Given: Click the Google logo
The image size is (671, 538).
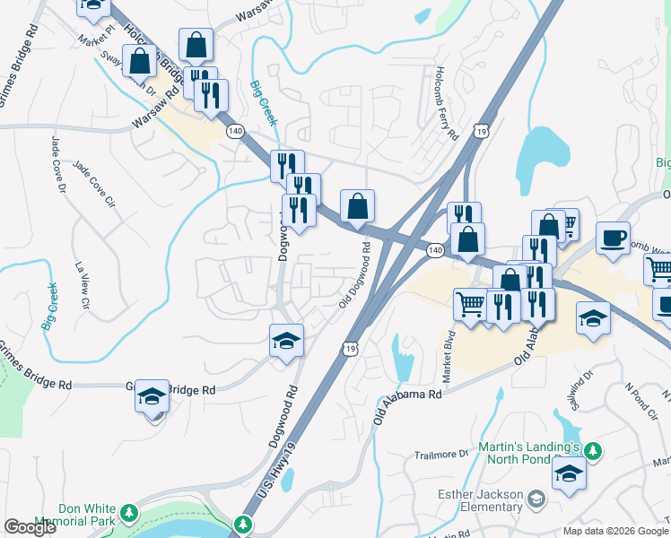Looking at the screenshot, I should (30, 527).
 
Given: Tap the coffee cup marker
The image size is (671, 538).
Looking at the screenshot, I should (613, 239).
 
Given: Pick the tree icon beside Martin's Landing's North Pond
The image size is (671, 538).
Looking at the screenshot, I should (592, 448).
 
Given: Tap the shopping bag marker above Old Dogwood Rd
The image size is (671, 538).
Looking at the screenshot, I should (357, 206).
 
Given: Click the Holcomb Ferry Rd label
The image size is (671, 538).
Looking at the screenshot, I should (446, 103).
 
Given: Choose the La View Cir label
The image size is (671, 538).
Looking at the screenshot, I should (83, 286).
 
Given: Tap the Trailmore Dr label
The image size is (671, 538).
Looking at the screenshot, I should (441, 455).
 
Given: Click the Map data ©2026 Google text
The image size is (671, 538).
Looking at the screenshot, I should (614, 531).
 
